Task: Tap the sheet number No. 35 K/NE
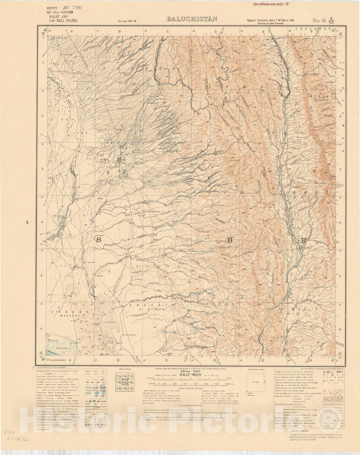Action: point(326,20)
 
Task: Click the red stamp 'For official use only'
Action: point(271,4)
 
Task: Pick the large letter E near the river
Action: point(303,241)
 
